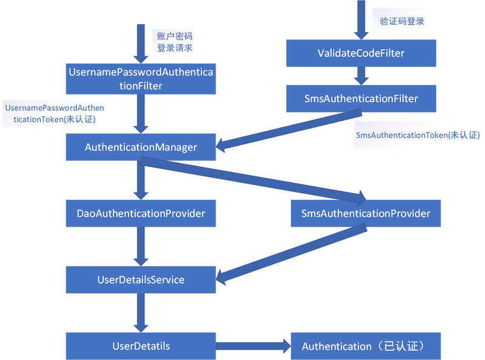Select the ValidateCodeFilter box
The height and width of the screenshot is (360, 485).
click(x=361, y=53)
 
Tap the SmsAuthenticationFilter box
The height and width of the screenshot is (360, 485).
click(x=361, y=98)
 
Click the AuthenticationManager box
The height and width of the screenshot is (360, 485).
click(x=141, y=147)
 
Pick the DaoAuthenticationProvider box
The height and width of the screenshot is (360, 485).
click(x=141, y=213)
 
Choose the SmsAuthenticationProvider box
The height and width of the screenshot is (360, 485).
click(x=366, y=213)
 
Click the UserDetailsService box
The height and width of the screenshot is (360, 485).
click(x=141, y=279)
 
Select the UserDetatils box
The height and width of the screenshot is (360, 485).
click(x=141, y=346)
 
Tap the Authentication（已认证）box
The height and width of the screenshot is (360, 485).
click(x=366, y=346)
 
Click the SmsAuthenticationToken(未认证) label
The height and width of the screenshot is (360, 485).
click(x=418, y=135)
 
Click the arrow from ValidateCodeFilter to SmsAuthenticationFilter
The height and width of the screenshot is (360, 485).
click(x=361, y=75)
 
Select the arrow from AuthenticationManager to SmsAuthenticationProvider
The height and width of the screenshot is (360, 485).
click(x=255, y=180)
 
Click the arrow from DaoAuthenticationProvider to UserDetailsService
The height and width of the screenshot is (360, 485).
click(x=141, y=246)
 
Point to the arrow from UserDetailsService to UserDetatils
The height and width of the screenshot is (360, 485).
click(x=141, y=313)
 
